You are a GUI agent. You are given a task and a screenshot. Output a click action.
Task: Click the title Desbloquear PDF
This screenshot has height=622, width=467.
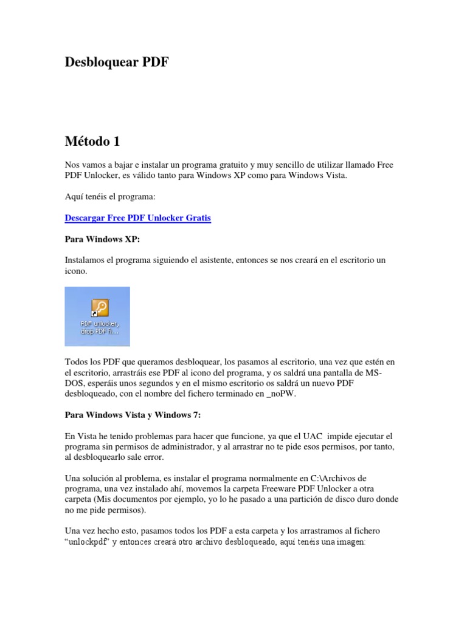click(116, 63)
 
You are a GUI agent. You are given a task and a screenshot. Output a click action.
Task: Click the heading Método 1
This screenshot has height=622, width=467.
click(92, 142)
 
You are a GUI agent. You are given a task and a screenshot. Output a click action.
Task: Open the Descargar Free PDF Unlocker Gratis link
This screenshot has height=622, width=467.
click(137, 218)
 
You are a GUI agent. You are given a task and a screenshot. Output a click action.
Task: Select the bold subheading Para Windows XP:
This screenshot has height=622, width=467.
click(102, 239)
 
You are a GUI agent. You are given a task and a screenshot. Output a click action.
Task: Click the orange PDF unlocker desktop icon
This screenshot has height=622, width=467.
click(99, 307)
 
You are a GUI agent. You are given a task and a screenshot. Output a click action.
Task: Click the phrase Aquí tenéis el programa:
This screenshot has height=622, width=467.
click(111, 197)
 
